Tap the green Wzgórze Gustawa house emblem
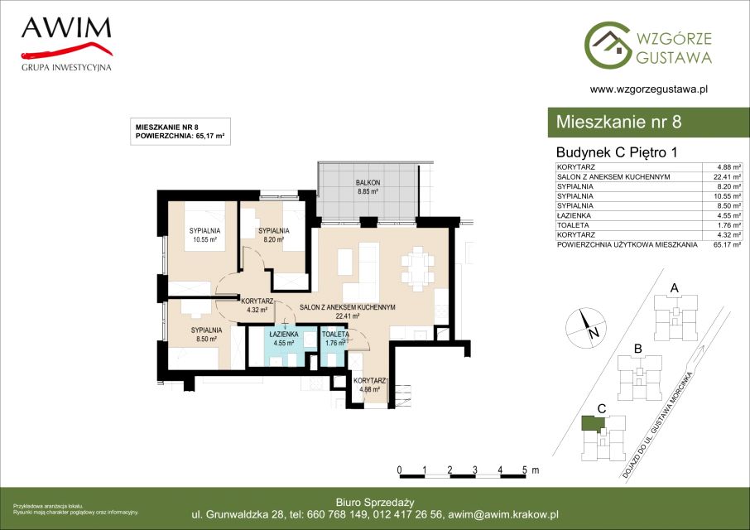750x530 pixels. pos(608,45)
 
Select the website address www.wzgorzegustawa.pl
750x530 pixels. pos(649,89)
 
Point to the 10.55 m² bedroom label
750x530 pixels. pos(204,235)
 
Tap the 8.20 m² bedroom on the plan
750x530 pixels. pos(274,235)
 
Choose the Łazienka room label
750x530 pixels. pos(284,339)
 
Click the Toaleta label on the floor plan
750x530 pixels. pos(335,339)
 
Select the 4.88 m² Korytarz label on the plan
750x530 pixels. pos(370,385)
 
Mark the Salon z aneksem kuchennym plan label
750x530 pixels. pos(347,311)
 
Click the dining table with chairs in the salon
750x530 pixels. pos(418,268)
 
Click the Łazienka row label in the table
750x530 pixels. pos(574,216)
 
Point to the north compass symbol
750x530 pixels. pos(586,328)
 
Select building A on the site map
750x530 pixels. pos(675,316)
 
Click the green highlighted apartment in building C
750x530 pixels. pos(593,424)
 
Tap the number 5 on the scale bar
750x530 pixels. pos(525,470)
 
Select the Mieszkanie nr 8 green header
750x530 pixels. pos(649,122)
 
